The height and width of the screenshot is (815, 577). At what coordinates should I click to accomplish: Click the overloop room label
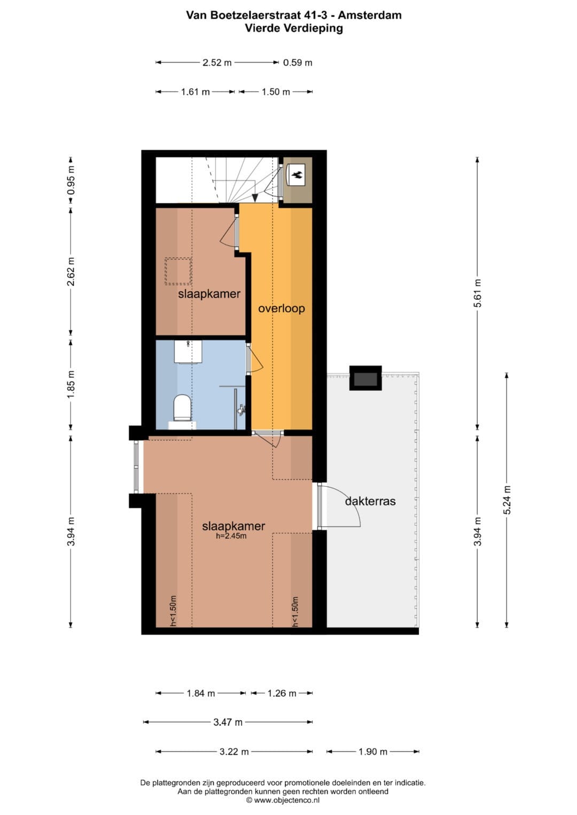pos(281,308)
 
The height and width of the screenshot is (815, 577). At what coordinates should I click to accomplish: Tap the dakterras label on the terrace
pos(370,501)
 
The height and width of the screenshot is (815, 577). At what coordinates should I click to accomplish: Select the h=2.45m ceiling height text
pos(231,535)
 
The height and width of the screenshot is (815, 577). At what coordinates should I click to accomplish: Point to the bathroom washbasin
pos(188,352)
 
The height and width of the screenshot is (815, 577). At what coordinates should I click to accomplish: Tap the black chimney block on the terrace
pos(365,378)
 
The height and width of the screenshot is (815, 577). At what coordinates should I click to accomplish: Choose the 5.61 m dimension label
pos(477,293)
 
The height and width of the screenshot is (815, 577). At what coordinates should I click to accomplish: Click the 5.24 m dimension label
pos(506,500)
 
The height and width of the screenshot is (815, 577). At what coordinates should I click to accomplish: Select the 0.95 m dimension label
pos(71,180)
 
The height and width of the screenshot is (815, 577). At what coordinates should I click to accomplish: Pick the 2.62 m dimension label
pos(71,272)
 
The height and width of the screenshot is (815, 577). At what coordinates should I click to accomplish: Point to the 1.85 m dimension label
pos(71,385)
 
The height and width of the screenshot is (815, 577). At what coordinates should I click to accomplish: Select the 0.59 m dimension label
pos(298,62)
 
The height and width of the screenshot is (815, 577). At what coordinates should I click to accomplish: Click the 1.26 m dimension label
pos(282,693)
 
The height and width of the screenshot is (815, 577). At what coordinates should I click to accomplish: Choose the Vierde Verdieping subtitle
pos(294,28)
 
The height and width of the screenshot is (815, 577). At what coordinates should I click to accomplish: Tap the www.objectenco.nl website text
pos(287,800)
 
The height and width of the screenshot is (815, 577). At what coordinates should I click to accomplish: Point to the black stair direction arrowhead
pos(255,197)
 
